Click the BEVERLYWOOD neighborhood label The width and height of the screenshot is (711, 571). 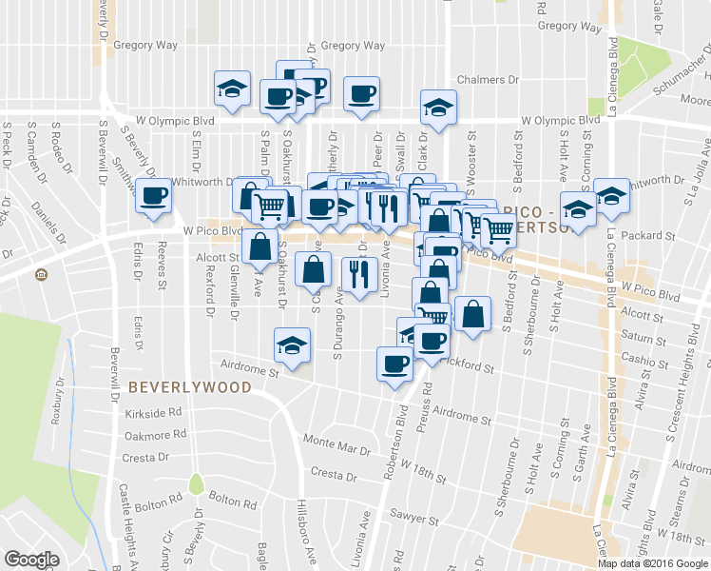(x=190, y=387)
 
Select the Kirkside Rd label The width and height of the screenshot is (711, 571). (x=153, y=414)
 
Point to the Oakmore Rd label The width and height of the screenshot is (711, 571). (x=153, y=436)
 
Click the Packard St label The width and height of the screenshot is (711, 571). (x=645, y=235)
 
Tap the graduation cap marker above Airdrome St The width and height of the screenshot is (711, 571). (x=292, y=345)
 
